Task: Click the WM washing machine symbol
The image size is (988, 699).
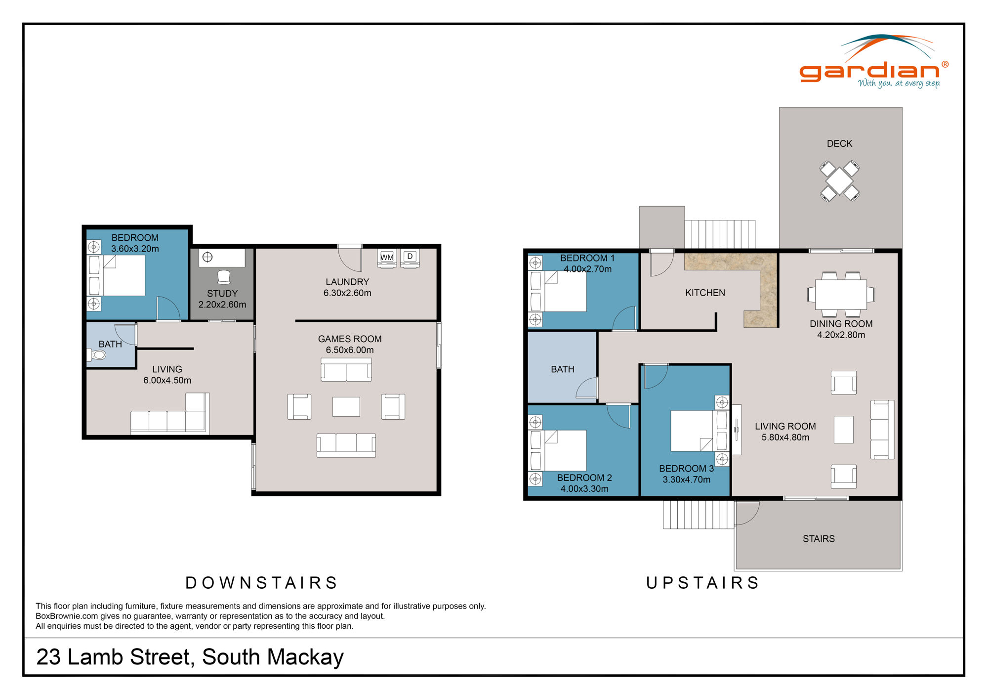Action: coord(387,258)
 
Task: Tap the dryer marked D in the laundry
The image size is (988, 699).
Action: coord(410,257)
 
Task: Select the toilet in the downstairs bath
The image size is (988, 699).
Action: coord(98,355)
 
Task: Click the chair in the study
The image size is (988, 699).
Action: coord(224,277)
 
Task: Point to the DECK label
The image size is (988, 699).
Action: coord(839,144)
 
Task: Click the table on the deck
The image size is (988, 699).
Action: coord(839,181)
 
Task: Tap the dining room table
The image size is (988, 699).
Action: coord(841,295)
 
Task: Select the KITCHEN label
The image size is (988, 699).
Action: coord(705,293)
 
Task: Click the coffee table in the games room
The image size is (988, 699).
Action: coord(346,407)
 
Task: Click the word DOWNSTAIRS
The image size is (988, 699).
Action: coord(261,583)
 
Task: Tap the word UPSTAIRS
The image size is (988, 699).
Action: coord(703,583)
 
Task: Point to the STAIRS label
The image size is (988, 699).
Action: coord(819,539)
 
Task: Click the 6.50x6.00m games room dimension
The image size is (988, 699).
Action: coord(350,350)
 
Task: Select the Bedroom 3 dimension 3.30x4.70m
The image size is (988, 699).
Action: coord(687,480)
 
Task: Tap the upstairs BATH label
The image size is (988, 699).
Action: coord(562,369)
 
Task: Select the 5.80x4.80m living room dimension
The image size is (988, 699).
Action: coord(785,437)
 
